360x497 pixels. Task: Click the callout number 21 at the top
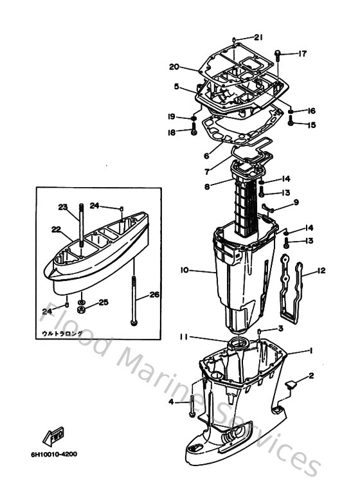(258, 37)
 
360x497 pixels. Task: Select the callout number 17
(303, 53)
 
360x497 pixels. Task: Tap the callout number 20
(174, 66)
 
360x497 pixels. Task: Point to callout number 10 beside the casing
(184, 271)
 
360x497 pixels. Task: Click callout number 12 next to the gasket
(321, 271)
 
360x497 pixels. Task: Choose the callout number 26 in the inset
(154, 295)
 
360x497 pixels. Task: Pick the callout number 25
(104, 302)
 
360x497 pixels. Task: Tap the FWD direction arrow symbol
(53, 437)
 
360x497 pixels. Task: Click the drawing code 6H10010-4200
(53, 454)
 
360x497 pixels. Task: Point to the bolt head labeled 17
(278, 53)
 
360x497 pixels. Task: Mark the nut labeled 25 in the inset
(84, 302)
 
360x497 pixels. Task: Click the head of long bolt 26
(133, 321)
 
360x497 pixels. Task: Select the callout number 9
(296, 203)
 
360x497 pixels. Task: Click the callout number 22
(56, 230)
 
